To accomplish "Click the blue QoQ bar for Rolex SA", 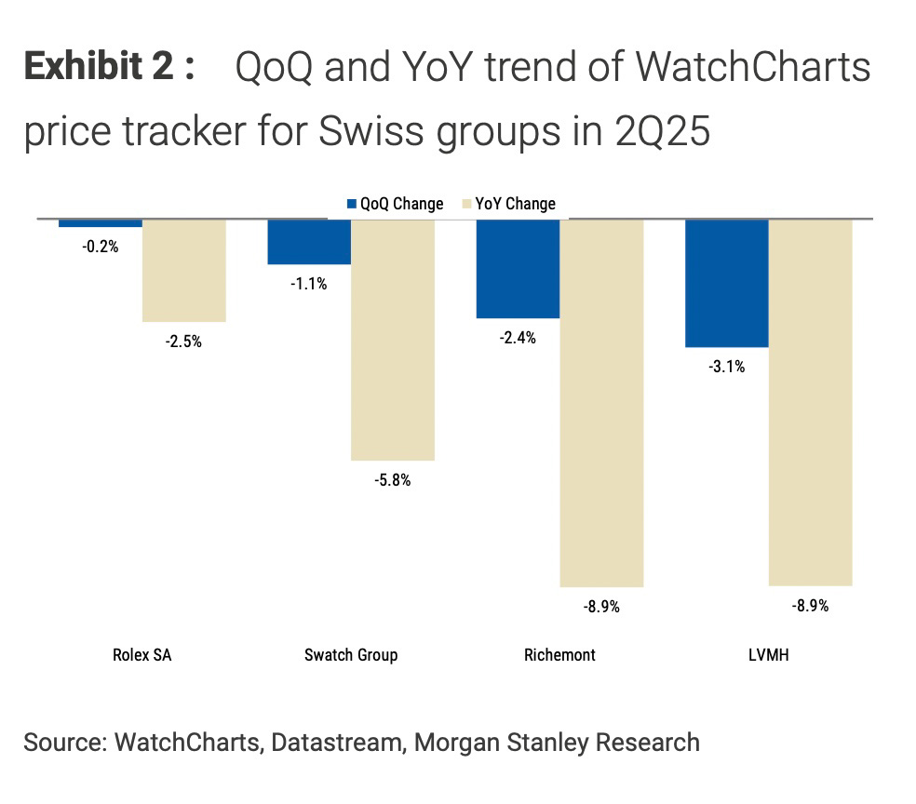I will pos(100,223).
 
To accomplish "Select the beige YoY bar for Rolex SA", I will pos(183,271).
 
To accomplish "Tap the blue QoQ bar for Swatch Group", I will pos(309,242).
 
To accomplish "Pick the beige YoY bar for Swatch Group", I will pos(392,340).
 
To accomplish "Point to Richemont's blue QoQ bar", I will pos(518,269).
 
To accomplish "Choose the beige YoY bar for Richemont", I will pos(601,403).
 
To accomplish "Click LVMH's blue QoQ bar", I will pos(726,283).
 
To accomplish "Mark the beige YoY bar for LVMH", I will pos(810,402).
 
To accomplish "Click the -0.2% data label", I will pos(101,248).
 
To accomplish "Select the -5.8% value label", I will pos(392,481).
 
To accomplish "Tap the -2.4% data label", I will pos(518,339).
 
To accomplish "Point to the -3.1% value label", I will pos(726,367).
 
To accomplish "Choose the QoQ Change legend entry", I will pos(395,204).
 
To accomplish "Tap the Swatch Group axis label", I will pos(351,655).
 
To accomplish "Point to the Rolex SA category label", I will pos(141,655).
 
